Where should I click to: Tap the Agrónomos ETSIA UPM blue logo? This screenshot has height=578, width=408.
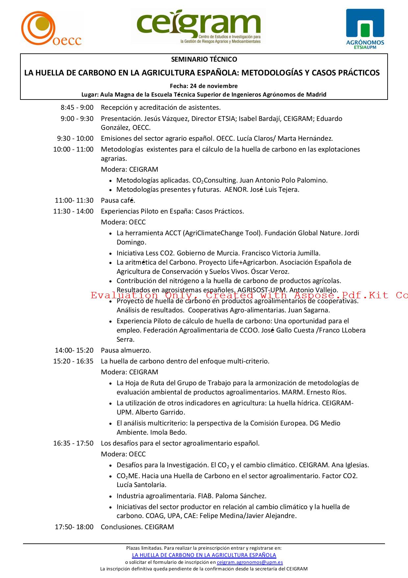click(365, 29)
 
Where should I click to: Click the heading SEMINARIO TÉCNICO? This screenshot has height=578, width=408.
click(204, 60)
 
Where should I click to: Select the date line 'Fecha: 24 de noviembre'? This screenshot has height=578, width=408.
click(204, 86)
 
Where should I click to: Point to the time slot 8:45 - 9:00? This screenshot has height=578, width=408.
click(77, 107)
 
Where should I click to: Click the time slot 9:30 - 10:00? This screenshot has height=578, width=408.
click(75, 138)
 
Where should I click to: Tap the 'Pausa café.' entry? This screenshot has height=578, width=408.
click(118, 200)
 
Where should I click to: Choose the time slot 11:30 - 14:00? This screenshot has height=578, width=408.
click(73, 211)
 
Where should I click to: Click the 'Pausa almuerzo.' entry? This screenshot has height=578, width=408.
click(126, 350)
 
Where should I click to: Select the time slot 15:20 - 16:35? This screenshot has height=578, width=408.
click(73, 361)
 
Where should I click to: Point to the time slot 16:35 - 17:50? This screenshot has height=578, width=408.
click(73, 443)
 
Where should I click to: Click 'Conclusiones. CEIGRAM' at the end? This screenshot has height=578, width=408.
click(137, 527)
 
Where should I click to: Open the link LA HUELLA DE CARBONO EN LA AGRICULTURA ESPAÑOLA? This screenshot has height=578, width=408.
click(204, 555)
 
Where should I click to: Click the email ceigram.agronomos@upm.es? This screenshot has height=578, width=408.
click(250, 562)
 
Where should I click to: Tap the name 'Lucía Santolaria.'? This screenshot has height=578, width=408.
click(141, 485)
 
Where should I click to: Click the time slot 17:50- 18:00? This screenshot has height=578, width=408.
click(74, 527)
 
